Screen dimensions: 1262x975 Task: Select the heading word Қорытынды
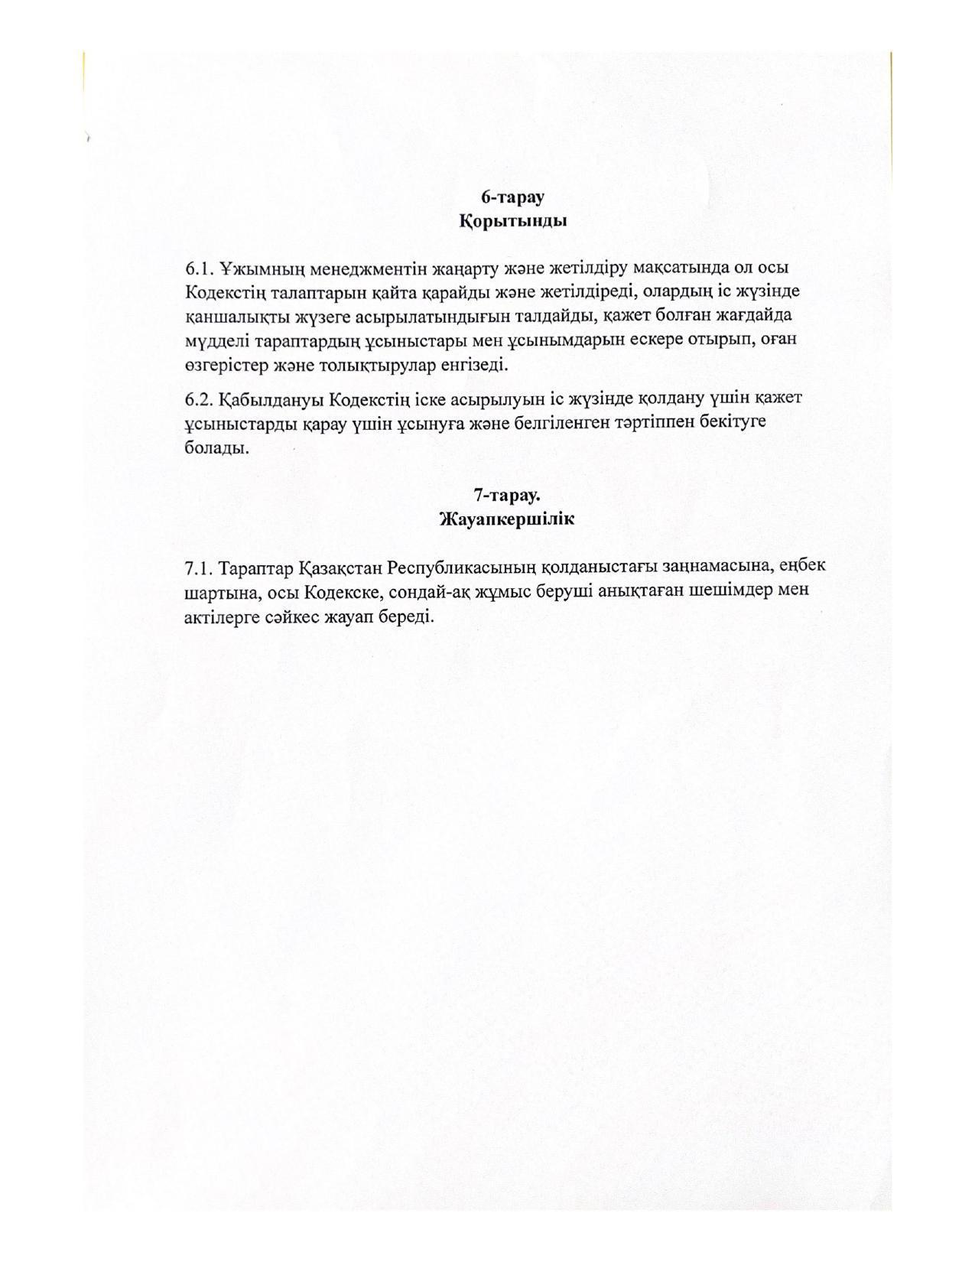click(512, 222)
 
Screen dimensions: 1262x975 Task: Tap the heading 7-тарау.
click(507, 494)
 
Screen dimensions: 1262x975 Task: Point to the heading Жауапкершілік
click(507, 519)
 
